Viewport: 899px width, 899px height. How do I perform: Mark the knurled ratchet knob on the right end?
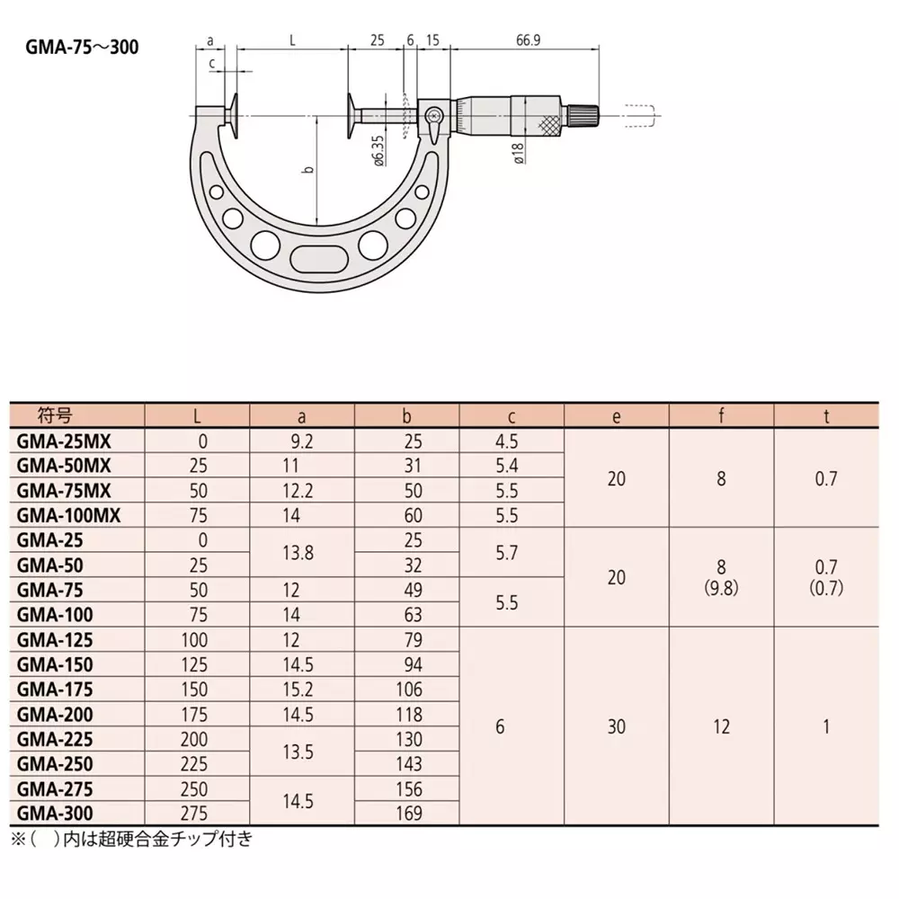tap(585, 115)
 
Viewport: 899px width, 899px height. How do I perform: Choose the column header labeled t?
tap(825, 416)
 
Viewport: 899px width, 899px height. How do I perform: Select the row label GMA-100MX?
tap(68, 515)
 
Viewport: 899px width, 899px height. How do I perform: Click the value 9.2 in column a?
tap(301, 441)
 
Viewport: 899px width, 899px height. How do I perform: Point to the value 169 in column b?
tap(406, 814)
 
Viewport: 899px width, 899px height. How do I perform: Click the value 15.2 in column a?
tap(301, 689)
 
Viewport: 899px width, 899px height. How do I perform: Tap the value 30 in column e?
tap(616, 726)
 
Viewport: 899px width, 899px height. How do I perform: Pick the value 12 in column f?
tap(721, 726)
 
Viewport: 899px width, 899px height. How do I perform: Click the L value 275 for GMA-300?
tap(196, 814)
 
